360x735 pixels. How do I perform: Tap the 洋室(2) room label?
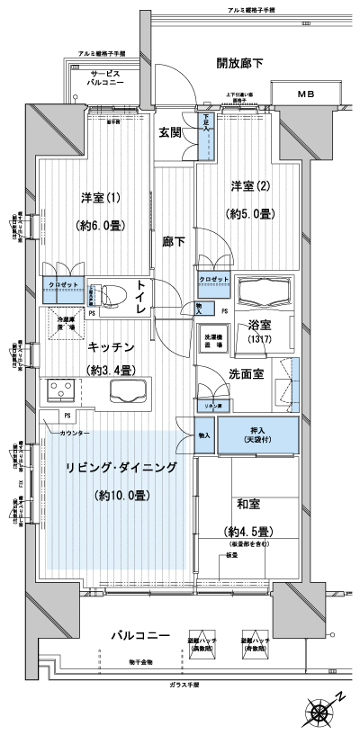[247, 186]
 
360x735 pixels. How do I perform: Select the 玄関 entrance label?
[171, 132]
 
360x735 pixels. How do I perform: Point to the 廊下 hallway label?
[174, 241]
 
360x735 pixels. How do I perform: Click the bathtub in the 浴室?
[265, 293]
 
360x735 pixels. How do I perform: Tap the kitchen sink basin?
[130, 391]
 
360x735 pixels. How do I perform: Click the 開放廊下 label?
[239, 63]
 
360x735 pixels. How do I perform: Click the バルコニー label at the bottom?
[140, 635]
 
